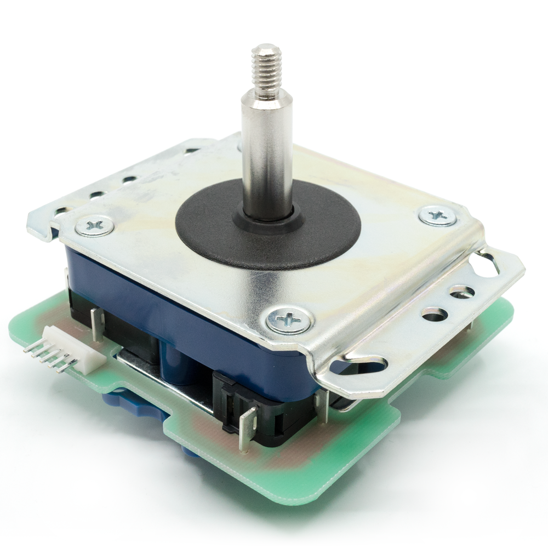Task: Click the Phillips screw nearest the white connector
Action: point(94,225)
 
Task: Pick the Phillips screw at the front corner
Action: point(289,319)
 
